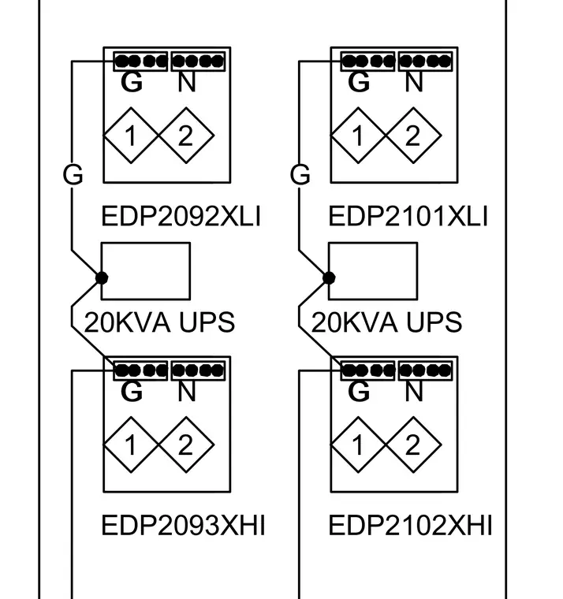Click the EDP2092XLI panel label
click(x=181, y=216)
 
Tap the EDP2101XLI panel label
click(x=408, y=216)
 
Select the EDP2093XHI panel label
click(x=183, y=525)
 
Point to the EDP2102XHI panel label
click(x=410, y=525)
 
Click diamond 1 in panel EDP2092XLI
click(x=131, y=136)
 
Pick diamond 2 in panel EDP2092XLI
click(x=187, y=136)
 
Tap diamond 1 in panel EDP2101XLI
click(x=358, y=136)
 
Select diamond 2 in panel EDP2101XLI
click(x=413, y=136)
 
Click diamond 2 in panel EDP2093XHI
click(x=187, y=445)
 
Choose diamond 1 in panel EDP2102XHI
click(x=358, y=445)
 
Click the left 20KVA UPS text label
click(x=159, y=322)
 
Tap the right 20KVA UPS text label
click(x=386, y=322)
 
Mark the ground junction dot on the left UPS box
click(x=102, y=277)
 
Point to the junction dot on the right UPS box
click(x=329, y=277)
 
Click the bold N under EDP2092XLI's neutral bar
click(x=187, y=82)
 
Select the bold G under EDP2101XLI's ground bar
click(x=359, y=82)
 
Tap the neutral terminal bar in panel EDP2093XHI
click(x=198, y=370)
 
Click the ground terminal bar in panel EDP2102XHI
click(x=367, y=370)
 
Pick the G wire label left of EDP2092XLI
click(x=73, y=175)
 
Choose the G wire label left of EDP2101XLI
click(x=300, y=175)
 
